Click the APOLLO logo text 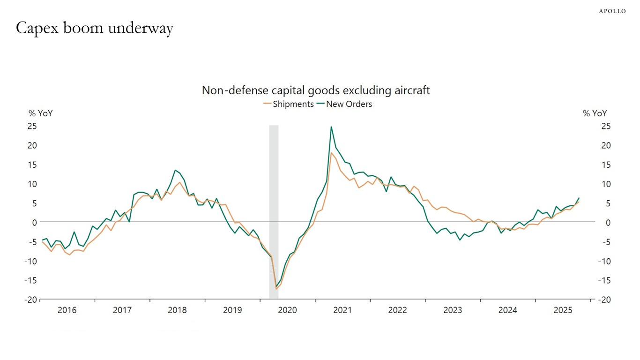pos(612,11)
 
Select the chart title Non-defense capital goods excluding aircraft pos(315,90)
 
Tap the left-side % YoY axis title pos(40,113)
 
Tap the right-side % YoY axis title pos(595,113)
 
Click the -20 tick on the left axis pos(31,300)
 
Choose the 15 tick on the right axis pos(606,165)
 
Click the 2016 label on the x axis pos(67,310)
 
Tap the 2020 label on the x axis pos(287,310)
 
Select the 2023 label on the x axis pos(453,310)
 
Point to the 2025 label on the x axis pos(563,310)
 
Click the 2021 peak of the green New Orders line pos(331,127)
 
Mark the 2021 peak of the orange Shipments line pos(331,152)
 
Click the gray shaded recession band pos(274,211)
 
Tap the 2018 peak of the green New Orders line pos(175,170)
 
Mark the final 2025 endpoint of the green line pos(579,198)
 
